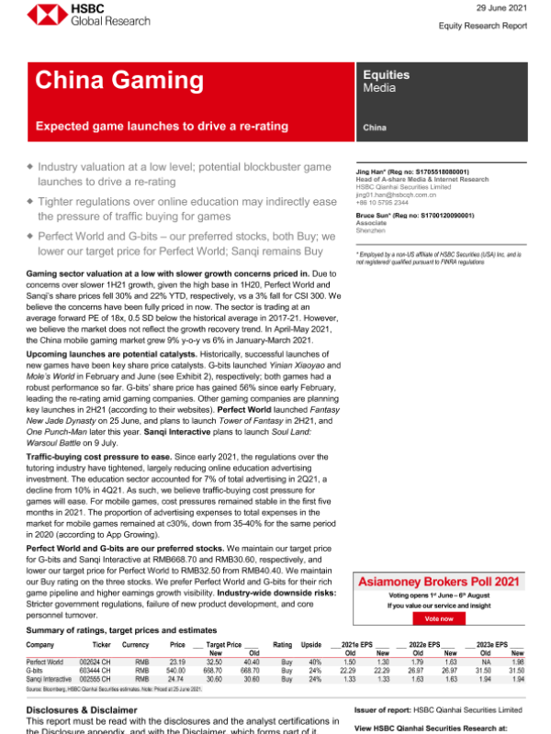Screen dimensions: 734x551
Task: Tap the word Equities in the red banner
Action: pyautogui.click(x=387, y=74)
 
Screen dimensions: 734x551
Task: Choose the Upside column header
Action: pyautogui.click(x=311, y=646)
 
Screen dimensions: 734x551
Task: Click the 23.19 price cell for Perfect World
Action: pyautogui.click(x=178, y=661)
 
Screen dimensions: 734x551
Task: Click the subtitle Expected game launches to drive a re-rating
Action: pyautogui.click(x=162, y=126)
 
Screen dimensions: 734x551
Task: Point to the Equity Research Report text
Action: pyautogui.click(x=489, y=26)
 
